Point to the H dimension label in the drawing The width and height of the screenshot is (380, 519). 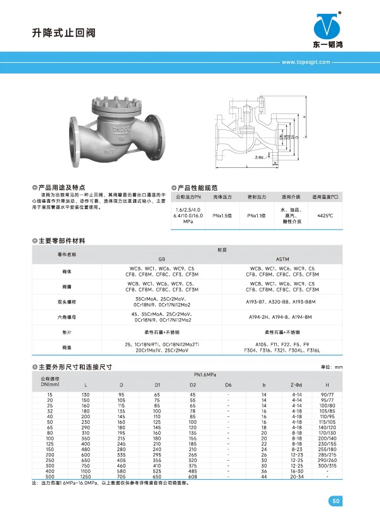(x=304, y=118)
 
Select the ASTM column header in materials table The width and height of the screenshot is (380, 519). (x=282, y=259)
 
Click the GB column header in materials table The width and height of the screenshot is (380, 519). (x=161, y=259)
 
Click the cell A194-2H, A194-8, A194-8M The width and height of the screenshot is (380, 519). (x=282, y=317)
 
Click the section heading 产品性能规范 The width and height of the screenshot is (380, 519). (x=199, y=188)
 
